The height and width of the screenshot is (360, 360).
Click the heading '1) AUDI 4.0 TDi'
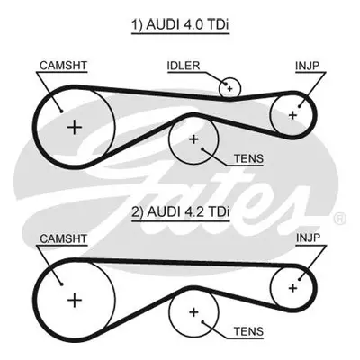pos(180,25)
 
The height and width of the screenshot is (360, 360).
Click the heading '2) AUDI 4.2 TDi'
pos(180,212)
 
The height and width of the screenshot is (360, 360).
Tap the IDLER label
pos(184,66)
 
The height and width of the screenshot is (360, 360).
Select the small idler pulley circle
pos(229,87)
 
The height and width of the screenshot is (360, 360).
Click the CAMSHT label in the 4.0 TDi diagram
pos(63,66)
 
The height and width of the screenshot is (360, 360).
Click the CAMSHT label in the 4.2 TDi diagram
pos(63,238)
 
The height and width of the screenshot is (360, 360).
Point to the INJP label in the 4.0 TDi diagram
pos(308,66)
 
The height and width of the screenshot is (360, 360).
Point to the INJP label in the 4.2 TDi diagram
pos(308,238)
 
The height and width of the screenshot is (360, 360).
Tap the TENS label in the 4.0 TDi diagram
pos(248,158)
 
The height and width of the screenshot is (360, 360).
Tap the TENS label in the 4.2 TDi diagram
pos(248,331)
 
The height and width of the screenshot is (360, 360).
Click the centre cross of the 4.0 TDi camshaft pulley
pos(75,128)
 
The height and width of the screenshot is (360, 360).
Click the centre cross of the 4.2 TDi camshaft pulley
pos(75,301)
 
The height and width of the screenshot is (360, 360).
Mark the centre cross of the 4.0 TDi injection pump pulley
pos(292,115)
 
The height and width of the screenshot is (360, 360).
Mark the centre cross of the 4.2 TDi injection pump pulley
pos(292,288)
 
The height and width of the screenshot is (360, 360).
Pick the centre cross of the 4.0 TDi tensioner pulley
pos(193,139)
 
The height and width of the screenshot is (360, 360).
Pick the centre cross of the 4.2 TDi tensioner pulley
pos(193,312)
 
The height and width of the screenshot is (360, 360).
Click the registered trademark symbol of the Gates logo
pos(340,219)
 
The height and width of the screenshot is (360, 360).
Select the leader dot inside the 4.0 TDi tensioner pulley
pos(202,148)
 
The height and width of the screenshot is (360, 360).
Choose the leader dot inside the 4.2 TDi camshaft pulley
pos(61,284)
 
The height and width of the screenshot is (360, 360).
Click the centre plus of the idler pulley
pos(229,88)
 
